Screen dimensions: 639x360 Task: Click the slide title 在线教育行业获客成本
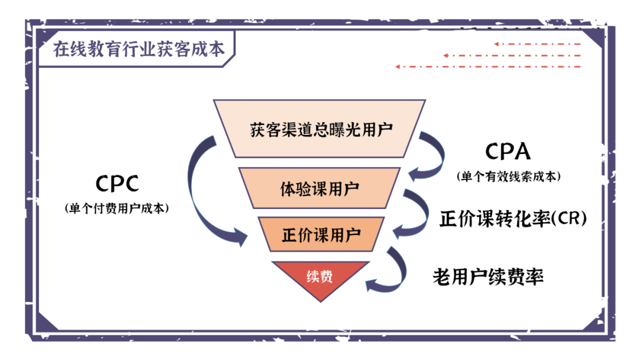(138, 49)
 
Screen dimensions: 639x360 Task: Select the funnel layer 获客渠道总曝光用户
(320, 128)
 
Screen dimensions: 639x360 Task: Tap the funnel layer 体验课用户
(319, 188)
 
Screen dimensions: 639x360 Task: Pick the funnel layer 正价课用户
(321, 234)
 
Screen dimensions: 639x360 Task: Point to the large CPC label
(117, 184)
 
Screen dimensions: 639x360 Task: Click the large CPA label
(508, 151)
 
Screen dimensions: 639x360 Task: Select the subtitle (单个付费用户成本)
(117, 208)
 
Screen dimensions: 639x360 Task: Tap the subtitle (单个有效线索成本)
(508, 176)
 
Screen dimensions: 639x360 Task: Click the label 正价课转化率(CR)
(513, 218)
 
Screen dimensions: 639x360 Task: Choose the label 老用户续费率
(488, 277)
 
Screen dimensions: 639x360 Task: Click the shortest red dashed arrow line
(537, 44)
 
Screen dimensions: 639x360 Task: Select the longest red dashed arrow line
(488, 66)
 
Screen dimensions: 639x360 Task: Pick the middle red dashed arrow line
(512, 56)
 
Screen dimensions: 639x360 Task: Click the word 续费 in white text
(319, 277)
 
